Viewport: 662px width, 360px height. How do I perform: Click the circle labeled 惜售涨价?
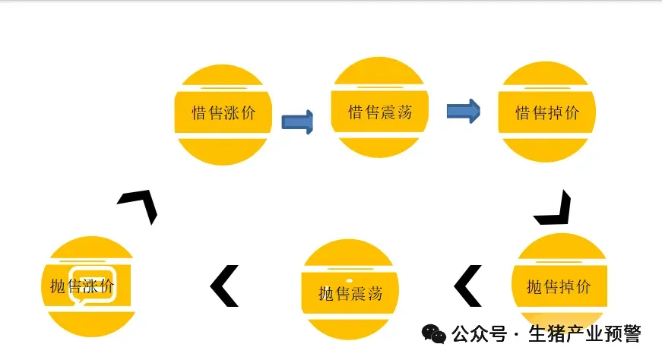223,114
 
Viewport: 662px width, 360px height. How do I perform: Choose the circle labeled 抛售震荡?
350,289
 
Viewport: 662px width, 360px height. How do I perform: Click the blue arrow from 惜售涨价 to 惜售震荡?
298,122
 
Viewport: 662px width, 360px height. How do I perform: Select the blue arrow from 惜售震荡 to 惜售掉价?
462,112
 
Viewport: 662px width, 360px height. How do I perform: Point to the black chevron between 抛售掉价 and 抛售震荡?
468,286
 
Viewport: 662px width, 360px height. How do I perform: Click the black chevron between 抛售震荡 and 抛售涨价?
224,286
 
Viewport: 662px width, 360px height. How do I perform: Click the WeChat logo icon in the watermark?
434,334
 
